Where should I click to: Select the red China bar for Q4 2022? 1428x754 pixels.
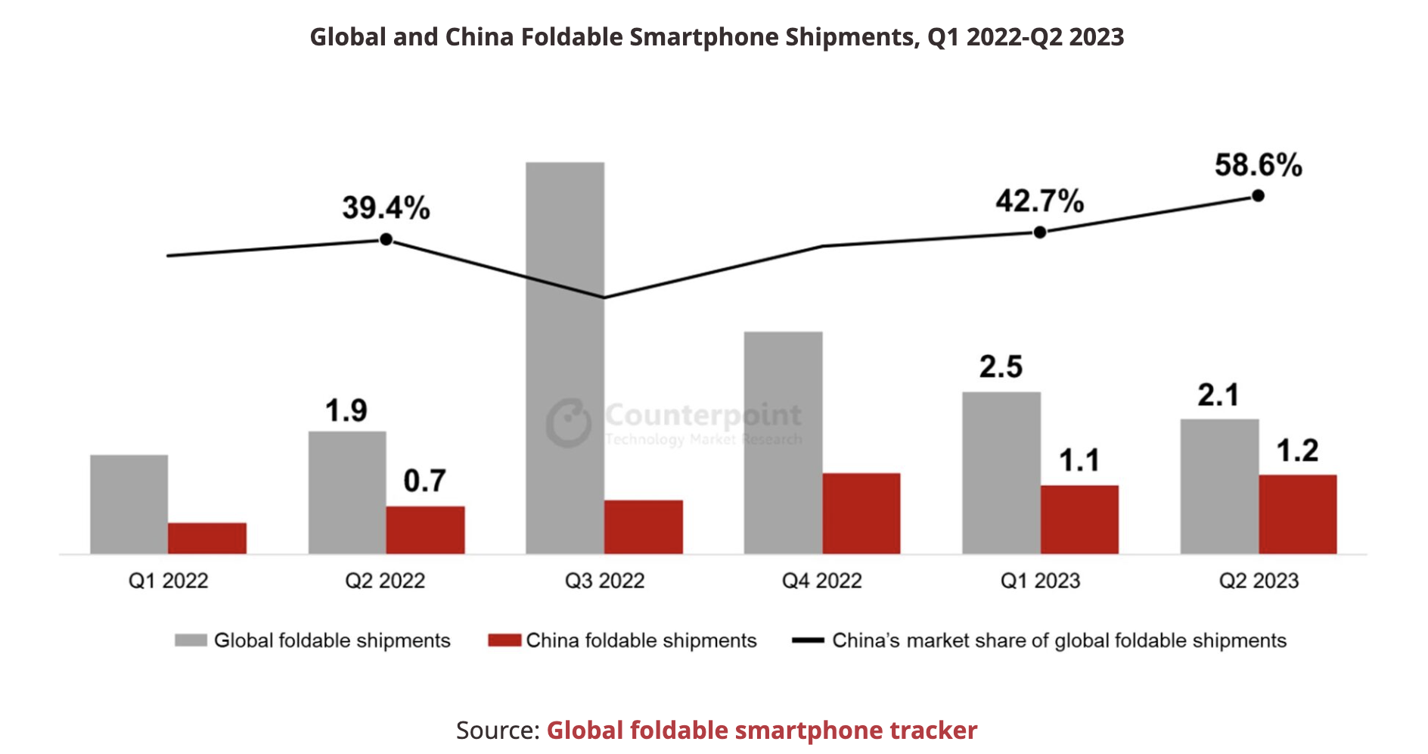(x=861, y=513)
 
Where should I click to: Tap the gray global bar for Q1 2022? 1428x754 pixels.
(x=129, y=504)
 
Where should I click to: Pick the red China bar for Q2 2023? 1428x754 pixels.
(x=1297, y=514)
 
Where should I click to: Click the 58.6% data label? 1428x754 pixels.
(x=1258, y=165)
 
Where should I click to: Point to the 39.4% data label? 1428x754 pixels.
(x=386, y=207)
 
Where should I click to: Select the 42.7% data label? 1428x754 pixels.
(x=1039, y=201)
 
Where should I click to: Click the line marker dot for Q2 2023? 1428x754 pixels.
(x=1258, y=196)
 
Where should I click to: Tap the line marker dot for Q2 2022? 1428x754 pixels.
(x=386, y=239)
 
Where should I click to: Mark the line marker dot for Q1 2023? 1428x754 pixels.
(x=1040, y=232)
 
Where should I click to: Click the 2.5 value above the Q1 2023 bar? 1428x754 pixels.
(x=1001, y=367)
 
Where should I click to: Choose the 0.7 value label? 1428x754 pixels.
(x=424, y=481)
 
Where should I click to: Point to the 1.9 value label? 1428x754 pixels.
(x=346, y=411)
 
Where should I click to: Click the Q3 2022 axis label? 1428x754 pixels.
(x=604, y=581)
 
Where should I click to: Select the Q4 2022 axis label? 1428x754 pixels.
(x=822, y=581)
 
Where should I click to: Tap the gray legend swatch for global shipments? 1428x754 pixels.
(x=191, y=640)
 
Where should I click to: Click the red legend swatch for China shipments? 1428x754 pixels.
(x=504, y=640)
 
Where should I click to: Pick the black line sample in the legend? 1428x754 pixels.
(x=807, y=640)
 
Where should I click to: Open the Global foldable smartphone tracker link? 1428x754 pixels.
(x=762, y=730)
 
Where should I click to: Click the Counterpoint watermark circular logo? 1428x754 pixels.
(x=569, y=422)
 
